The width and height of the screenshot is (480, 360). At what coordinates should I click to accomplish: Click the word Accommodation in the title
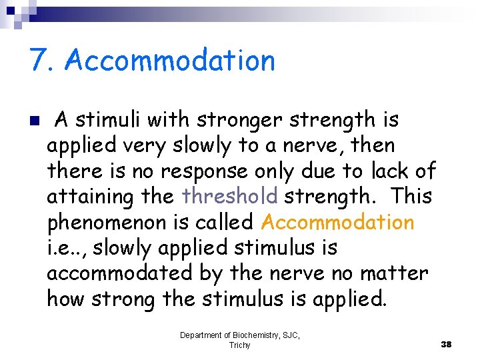[170, 61]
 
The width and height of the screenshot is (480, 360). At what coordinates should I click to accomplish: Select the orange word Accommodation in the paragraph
[338, 222]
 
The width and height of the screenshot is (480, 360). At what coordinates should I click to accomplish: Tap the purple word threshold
[230, 197]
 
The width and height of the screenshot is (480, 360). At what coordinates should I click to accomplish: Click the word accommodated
[119, 273]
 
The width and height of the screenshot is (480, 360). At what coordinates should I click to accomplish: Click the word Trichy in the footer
[239, 345]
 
